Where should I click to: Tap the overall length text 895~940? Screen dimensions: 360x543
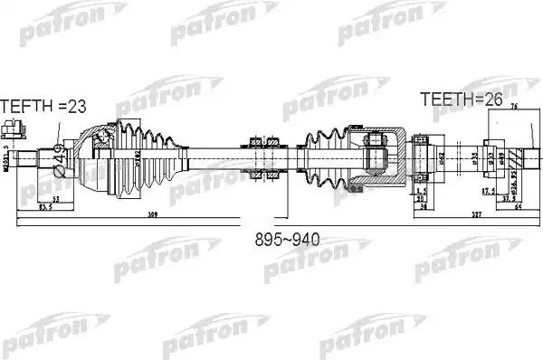coord(289,242)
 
